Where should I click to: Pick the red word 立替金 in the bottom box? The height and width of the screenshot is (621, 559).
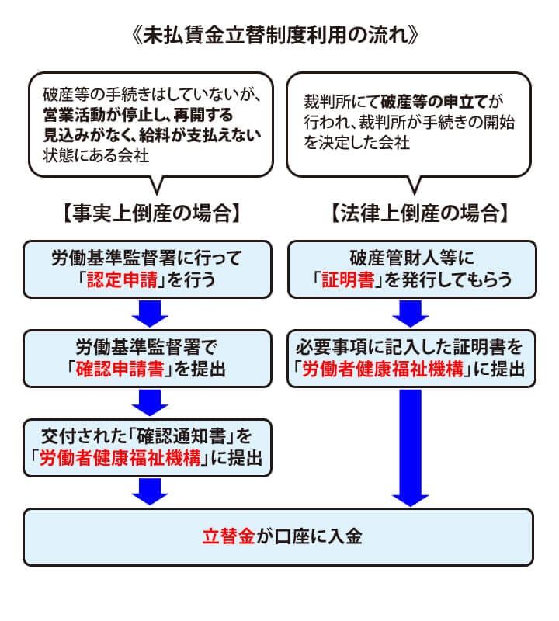point(228,536)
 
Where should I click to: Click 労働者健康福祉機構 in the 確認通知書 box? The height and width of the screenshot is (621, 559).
point(120,458)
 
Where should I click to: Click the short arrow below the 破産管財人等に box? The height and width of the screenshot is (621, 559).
point(411,313)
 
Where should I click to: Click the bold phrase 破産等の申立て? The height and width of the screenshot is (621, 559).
point(435,102)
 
